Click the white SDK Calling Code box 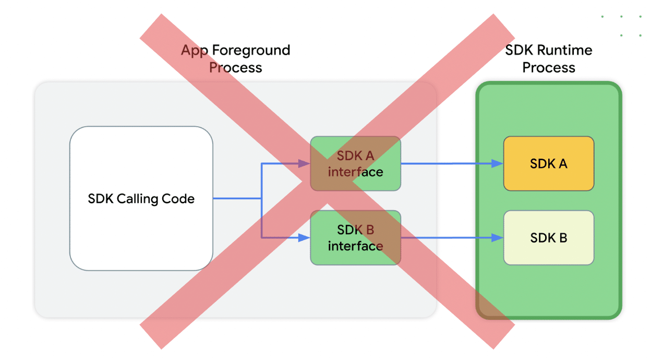pyautogui.click(x=141, y=198)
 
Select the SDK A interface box pyautogui.click(x=355, y=163)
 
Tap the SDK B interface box pyautogui.click(x=355, y=237)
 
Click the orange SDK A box pyautogui.click(x=548, y=163)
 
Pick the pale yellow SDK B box pyautogui.click(x=548, y=237)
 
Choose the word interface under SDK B pyautogui.click(x=355, y=246)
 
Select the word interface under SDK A pyautogui.click(x=355, y=172)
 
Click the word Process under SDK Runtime pyautogui.click(x=548, y=68)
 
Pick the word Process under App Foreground pyautogui.click(x=235, y=68)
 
